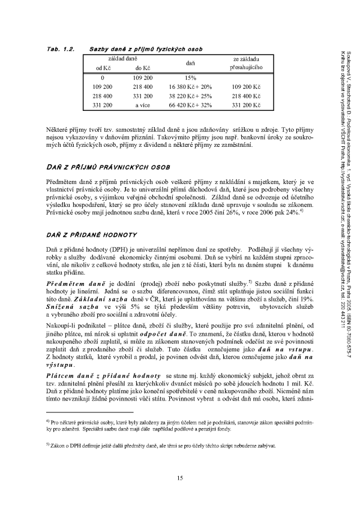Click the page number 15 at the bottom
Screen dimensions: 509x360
tap(180, 477)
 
